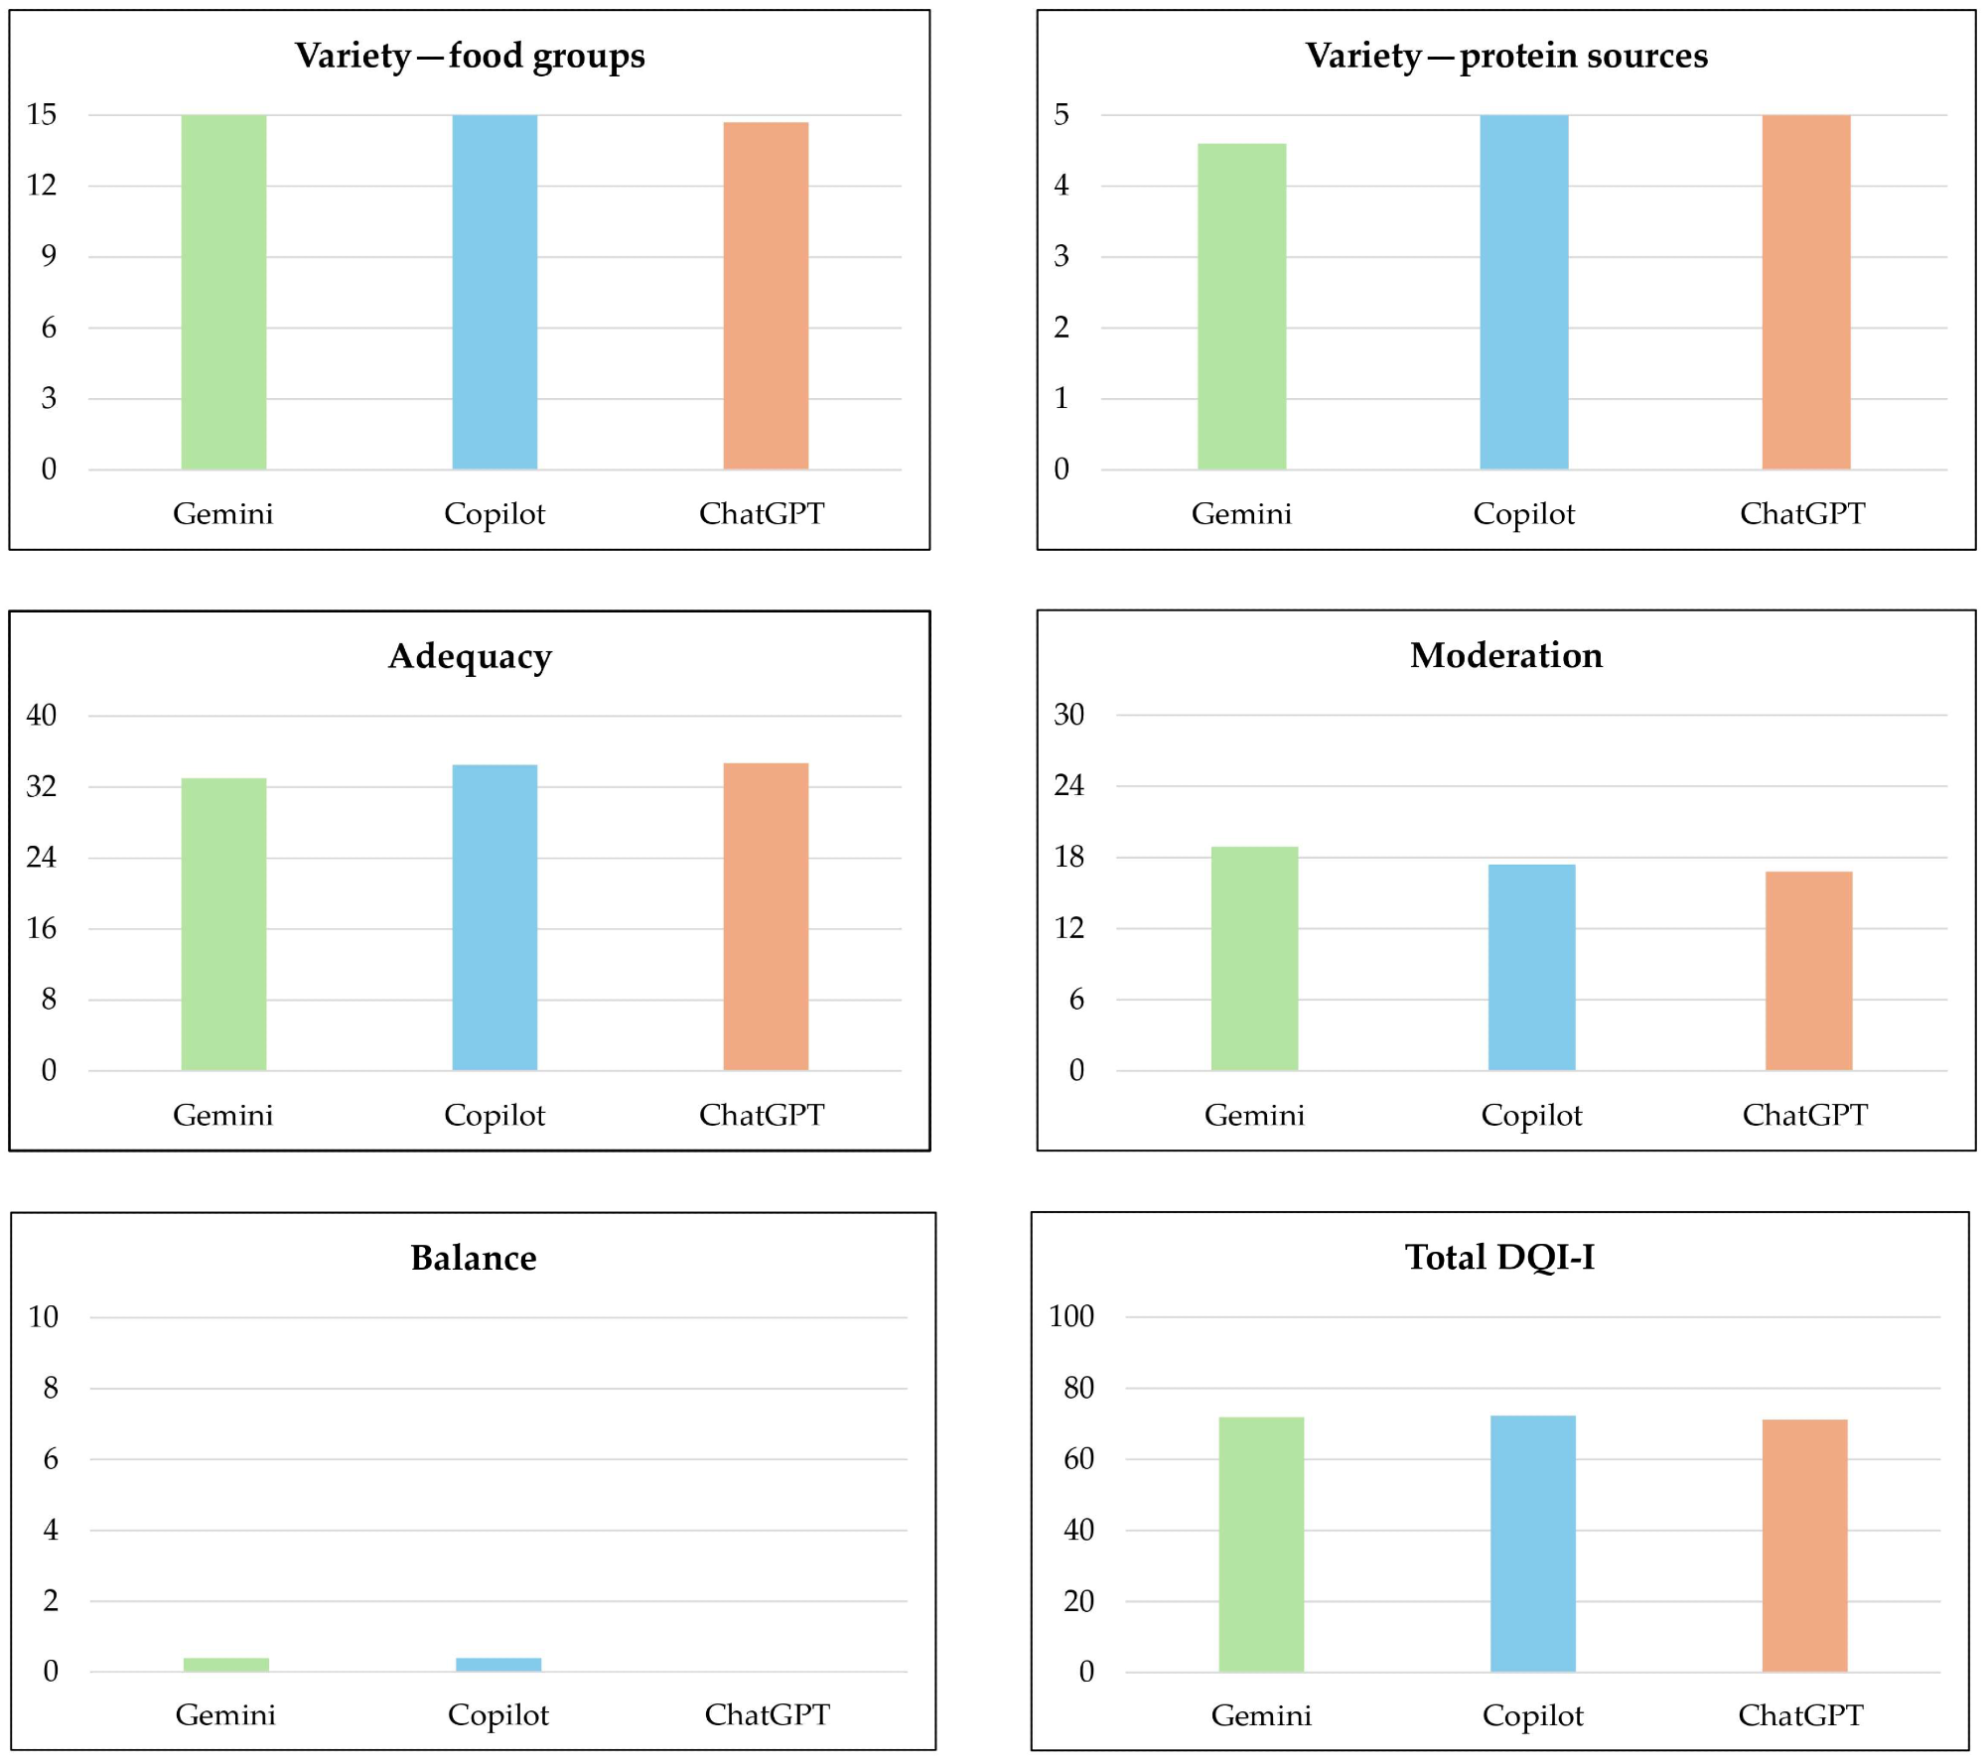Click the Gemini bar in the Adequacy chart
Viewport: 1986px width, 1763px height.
pyautogui.click(x=223, y=923)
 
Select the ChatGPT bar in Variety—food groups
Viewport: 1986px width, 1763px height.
pyautogui.click(x=766, y=296)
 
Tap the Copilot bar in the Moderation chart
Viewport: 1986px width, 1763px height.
pyautogui.click(x=1531, y=967)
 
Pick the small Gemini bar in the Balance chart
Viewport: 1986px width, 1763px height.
pyautogui.click(x=226, y=1665)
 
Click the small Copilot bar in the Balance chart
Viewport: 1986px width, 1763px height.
pyautogui.click(x=498, y=1665)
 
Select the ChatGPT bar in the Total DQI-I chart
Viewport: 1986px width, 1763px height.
pyautogui.click(x=1804, y=1546)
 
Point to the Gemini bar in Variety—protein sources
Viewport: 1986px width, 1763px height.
pyautogui.click(x=1241, y=306)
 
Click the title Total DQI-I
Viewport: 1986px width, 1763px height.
pyautogui.click(x=1499, y=1257)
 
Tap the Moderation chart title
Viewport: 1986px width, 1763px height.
pyautogui.click(x=1506, y=655)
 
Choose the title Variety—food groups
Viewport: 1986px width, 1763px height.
pyautogui.click(x=470, y=56)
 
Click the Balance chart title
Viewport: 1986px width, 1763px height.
pyautogui.click(x=474, y=1258)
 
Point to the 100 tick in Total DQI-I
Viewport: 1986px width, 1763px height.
pyautogui.click(x=1070, y=1316)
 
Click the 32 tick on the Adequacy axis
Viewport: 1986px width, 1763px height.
pyautogui.click(x=42, y=786)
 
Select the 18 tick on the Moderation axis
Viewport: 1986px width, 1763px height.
pyautogui.click(x=1068, y=857)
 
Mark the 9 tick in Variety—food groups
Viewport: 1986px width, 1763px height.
pyautogui.click(x=49, y=256)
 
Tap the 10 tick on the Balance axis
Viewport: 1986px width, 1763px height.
pyautogui.click(x=43, y=1317)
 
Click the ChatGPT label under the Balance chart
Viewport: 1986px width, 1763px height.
pyautogui.click(x=767, y=1714)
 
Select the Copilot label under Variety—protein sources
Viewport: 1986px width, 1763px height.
pyautogui.click(x=1523, y=513)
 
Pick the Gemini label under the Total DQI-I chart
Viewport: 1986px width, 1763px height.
pyautogui.click(x=1261, y=1715)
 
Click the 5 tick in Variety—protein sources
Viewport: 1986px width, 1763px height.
pyautogui.click(x=1062, y=114)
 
